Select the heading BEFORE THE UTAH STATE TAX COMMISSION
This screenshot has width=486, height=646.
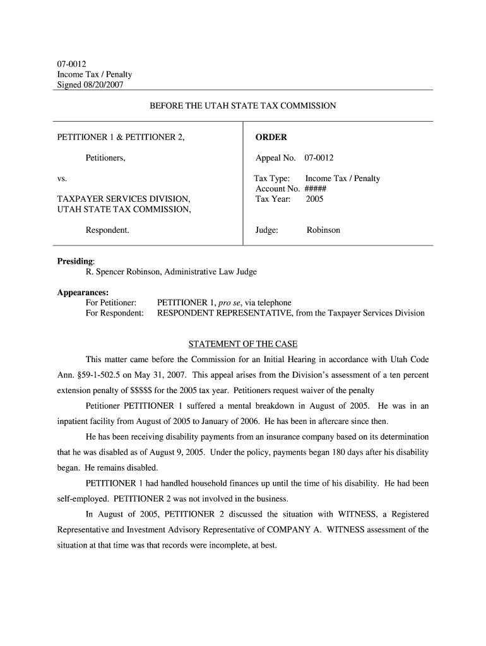pyautogui.click(x=242, y=106)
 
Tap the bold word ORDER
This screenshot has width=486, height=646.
pyautogui.click(x=271, y=137)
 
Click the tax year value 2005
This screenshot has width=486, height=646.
pyautogui.click(x=314, y=199)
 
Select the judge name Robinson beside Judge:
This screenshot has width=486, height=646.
pyautogui.click(x=323, y=230)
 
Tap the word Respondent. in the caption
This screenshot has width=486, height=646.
pyautogui.click(x=107, y=230)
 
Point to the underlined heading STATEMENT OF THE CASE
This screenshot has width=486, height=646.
pyautogui.click(x=243, y=344)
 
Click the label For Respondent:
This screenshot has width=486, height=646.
pyautogui.click(x=114, y=313)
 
